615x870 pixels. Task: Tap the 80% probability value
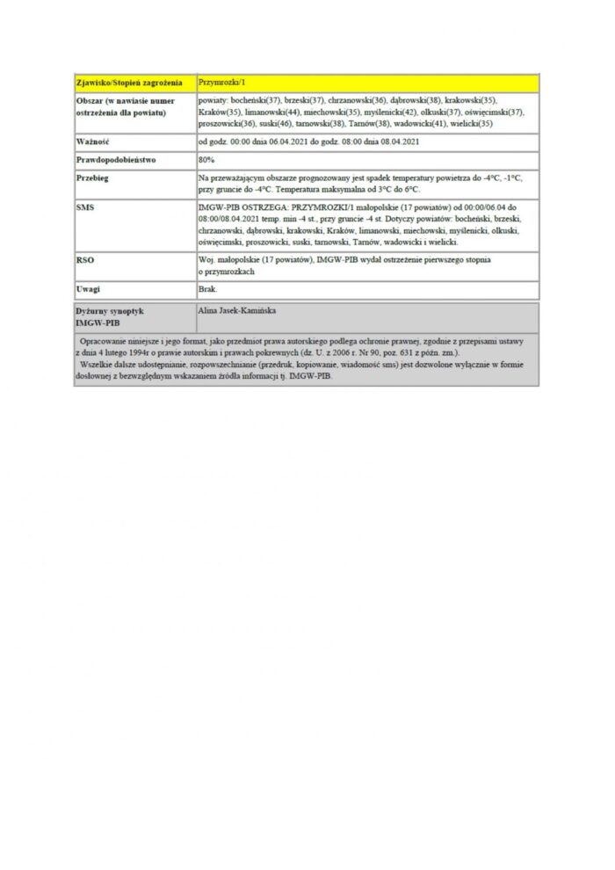pyautogui.click(x=207, y=159)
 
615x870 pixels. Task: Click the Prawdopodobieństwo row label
pyautogui.click(x=114, y=159)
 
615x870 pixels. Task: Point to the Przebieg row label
pyautogui.click(x=95, y=178)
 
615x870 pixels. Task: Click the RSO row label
pyautogui.click(x=85, y=260)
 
